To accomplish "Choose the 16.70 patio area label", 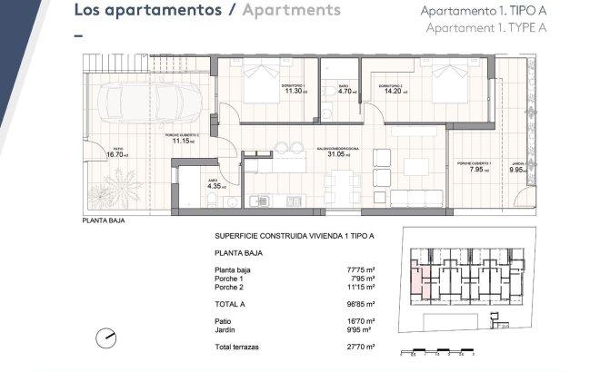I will click(x=117, y=154).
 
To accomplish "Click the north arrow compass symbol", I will click(x=107, y=338).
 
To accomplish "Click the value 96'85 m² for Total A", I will click(x=362, y=305).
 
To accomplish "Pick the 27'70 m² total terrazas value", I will click(x=362, y=348).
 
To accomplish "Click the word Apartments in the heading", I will click(x=293, y=11).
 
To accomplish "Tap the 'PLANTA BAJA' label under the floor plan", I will click(x=104, y=220).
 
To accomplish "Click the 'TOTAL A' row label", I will click(x=232, y=305).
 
